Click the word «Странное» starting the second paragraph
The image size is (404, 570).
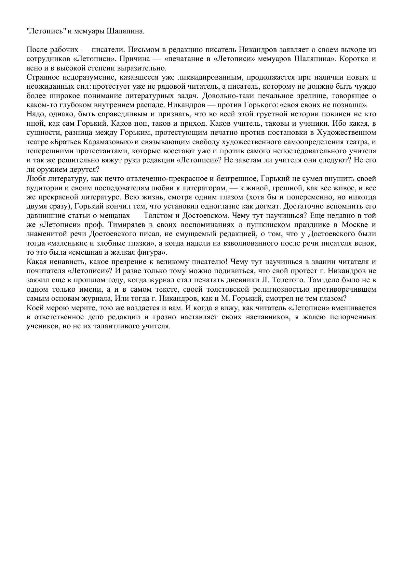click(42, 77)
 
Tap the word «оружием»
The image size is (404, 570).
click(52, 170)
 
